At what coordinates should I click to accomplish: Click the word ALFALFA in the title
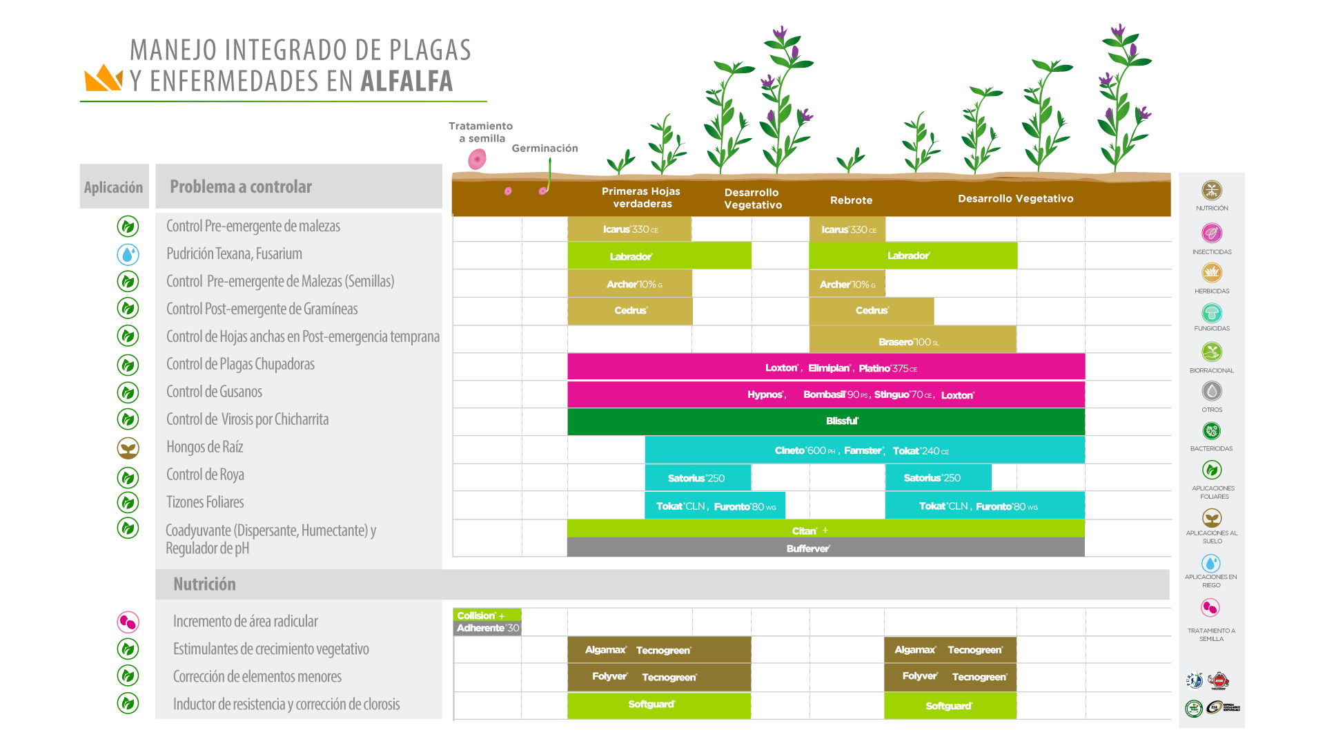406,82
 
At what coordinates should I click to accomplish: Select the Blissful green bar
825,421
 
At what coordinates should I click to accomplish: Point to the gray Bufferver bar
825,548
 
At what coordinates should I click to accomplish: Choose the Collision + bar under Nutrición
487,615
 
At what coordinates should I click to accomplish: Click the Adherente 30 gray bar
487,629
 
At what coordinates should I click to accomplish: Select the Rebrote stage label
851,200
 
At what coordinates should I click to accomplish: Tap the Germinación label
544,149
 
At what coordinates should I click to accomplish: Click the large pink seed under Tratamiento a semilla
477,160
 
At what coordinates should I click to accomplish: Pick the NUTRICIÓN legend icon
1212,191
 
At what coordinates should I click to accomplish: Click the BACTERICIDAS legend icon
1212,432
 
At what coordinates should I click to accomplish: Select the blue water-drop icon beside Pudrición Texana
128,255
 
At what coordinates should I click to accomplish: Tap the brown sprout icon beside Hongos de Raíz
128,448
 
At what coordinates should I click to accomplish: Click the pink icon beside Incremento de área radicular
128,622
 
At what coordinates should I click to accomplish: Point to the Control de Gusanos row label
214,392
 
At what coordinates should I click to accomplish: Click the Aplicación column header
114,187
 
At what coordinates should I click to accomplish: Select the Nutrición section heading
204,584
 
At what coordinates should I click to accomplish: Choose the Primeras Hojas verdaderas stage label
641,198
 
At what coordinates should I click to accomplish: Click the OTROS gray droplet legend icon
1212,392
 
